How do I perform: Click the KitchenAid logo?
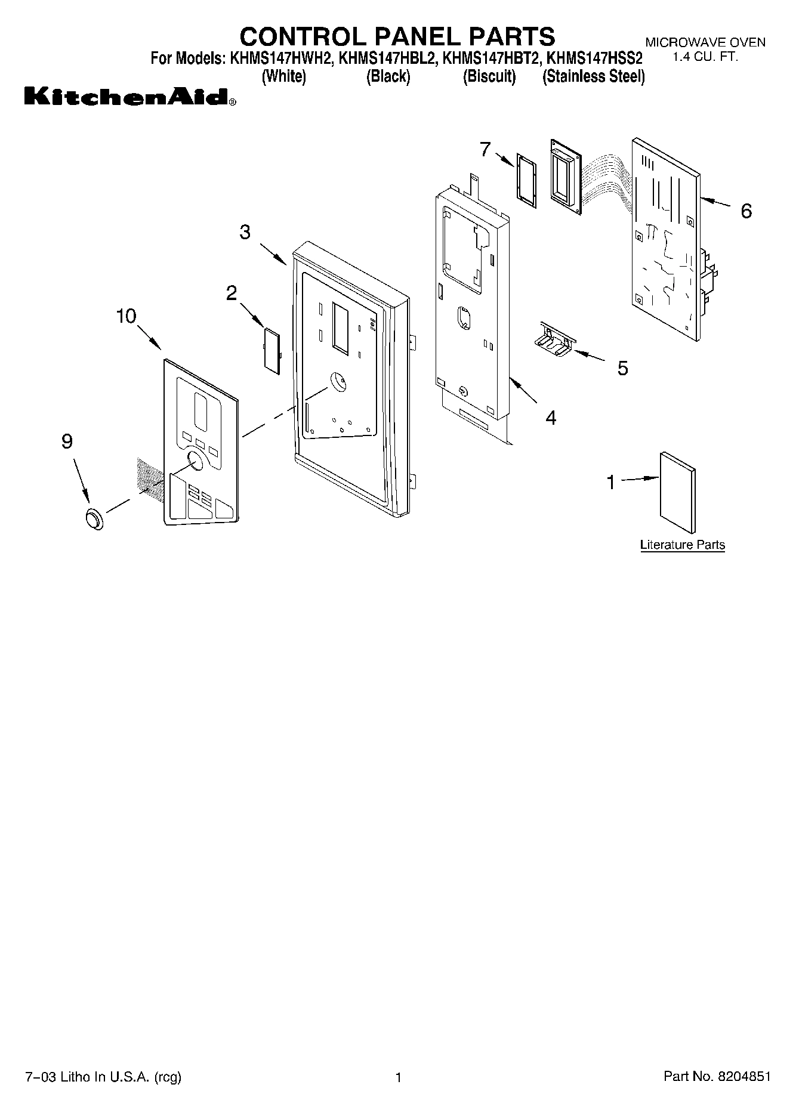coord(129,97)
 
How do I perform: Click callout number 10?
coord(126,316)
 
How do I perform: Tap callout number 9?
coord(67,441)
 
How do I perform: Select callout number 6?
coord(746,211)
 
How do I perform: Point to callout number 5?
coord(622,368)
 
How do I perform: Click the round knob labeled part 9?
coord(94,519)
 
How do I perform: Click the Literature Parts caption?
coord(682,545)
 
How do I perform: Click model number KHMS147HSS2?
coord(594,59)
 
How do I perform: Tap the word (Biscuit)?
coord(489,76)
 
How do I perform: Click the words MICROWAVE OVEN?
coord(705,42)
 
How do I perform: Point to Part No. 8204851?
coord(717,1076)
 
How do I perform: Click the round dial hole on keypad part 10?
coord(195,461)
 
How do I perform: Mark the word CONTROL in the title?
coord(302,36)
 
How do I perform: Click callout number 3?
coord(245,232)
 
